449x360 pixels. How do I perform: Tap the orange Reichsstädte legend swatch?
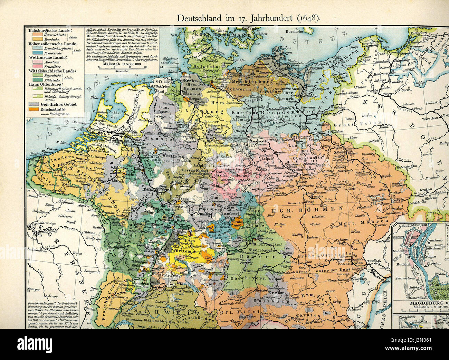coord(33,109)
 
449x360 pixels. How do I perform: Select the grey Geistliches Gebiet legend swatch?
coord(33,104)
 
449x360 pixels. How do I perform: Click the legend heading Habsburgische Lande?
coord(48,31)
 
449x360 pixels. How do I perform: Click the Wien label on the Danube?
coord(358,263)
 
